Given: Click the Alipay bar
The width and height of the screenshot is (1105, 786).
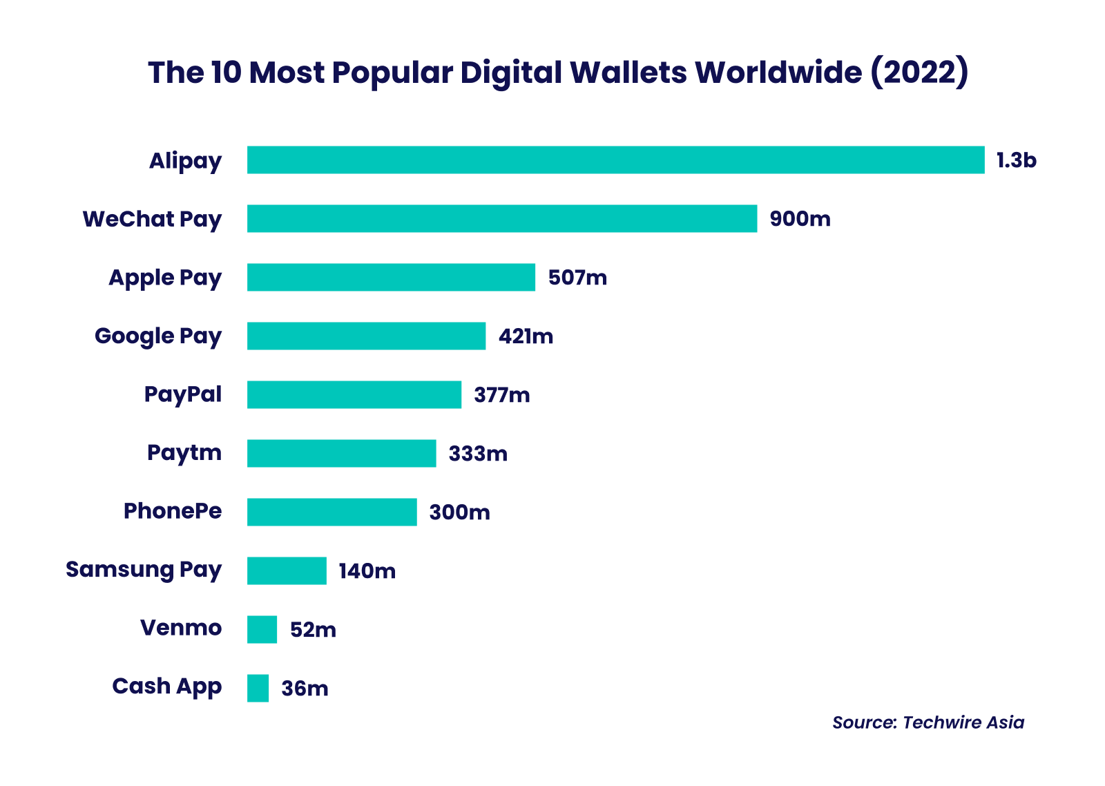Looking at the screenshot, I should point(615,160).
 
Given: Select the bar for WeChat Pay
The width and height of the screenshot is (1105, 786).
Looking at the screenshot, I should point(502,219).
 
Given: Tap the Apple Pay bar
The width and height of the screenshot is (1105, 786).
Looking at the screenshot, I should point(391,278).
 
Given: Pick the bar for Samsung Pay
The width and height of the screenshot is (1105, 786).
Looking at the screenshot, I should point(287,571).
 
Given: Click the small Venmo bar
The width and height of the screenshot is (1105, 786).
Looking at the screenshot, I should point(262,630).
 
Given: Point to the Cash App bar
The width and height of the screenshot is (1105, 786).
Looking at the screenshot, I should point(258,689).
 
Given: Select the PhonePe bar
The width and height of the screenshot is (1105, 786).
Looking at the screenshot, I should point(332,512).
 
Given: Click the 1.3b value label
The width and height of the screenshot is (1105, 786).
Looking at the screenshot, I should point(1016,160).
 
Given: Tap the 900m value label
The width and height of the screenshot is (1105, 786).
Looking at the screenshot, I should point(800,219).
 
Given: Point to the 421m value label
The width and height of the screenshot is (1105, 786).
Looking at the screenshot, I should point(526,336).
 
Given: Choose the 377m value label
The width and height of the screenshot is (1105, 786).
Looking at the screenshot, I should point(502,395).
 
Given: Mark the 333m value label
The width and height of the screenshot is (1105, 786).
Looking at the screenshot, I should point(478,454).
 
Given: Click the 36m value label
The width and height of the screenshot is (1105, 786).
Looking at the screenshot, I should point(305,689).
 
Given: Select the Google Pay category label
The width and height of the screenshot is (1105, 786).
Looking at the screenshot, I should point(158,336).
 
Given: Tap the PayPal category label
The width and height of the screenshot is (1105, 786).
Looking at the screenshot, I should point(183,394).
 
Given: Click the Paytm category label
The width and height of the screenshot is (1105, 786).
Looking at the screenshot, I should point(184,453).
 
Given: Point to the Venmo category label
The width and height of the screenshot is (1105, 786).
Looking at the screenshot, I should point(181,628).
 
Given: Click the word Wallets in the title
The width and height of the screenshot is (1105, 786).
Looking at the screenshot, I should point(628,73).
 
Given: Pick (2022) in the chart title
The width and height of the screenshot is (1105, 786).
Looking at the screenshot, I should point(919,73).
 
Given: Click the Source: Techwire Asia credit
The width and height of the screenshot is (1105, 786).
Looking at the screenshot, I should point(928,722).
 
